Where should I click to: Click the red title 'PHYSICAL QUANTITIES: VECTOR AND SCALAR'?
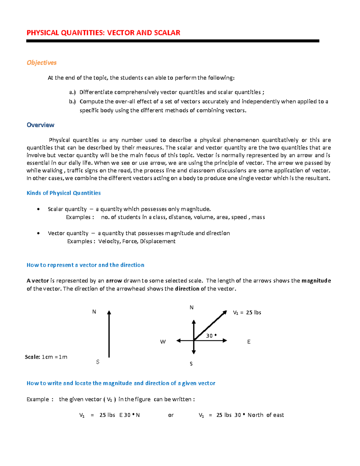pos(103,33)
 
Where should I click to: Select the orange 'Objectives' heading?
pos(41,62)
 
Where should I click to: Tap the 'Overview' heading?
pos(40,125)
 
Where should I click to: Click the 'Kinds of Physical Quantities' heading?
pos(64,193)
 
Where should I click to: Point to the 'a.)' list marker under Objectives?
pos(72,92)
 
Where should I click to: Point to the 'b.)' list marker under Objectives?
pos(72,101)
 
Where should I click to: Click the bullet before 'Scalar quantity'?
pos(38,209)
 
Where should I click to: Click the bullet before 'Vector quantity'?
pos(38,233)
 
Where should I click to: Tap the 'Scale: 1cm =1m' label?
pos(46,357)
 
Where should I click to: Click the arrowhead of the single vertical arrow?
pos(109,313)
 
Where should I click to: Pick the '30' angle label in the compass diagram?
pos(209,336)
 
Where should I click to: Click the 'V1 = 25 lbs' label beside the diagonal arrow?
pos(247,312)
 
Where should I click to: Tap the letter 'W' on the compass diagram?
pos(163,341)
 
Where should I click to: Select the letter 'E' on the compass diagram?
pos(249,341)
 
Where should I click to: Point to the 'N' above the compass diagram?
pos(191,307)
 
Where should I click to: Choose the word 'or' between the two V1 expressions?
pos(171,415)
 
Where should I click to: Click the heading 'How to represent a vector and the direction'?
pos(85,265)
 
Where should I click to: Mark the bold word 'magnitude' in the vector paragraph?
pos(316,281)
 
